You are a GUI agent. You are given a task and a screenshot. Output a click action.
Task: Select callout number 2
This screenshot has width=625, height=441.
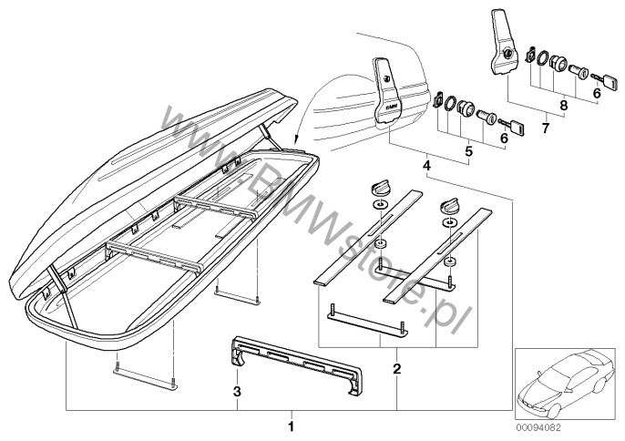click(x=396, y=369)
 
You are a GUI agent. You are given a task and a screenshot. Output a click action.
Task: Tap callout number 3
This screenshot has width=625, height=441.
click(x=238, y=393)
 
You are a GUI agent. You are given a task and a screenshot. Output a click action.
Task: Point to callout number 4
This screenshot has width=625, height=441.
click(x=425, y=167)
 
